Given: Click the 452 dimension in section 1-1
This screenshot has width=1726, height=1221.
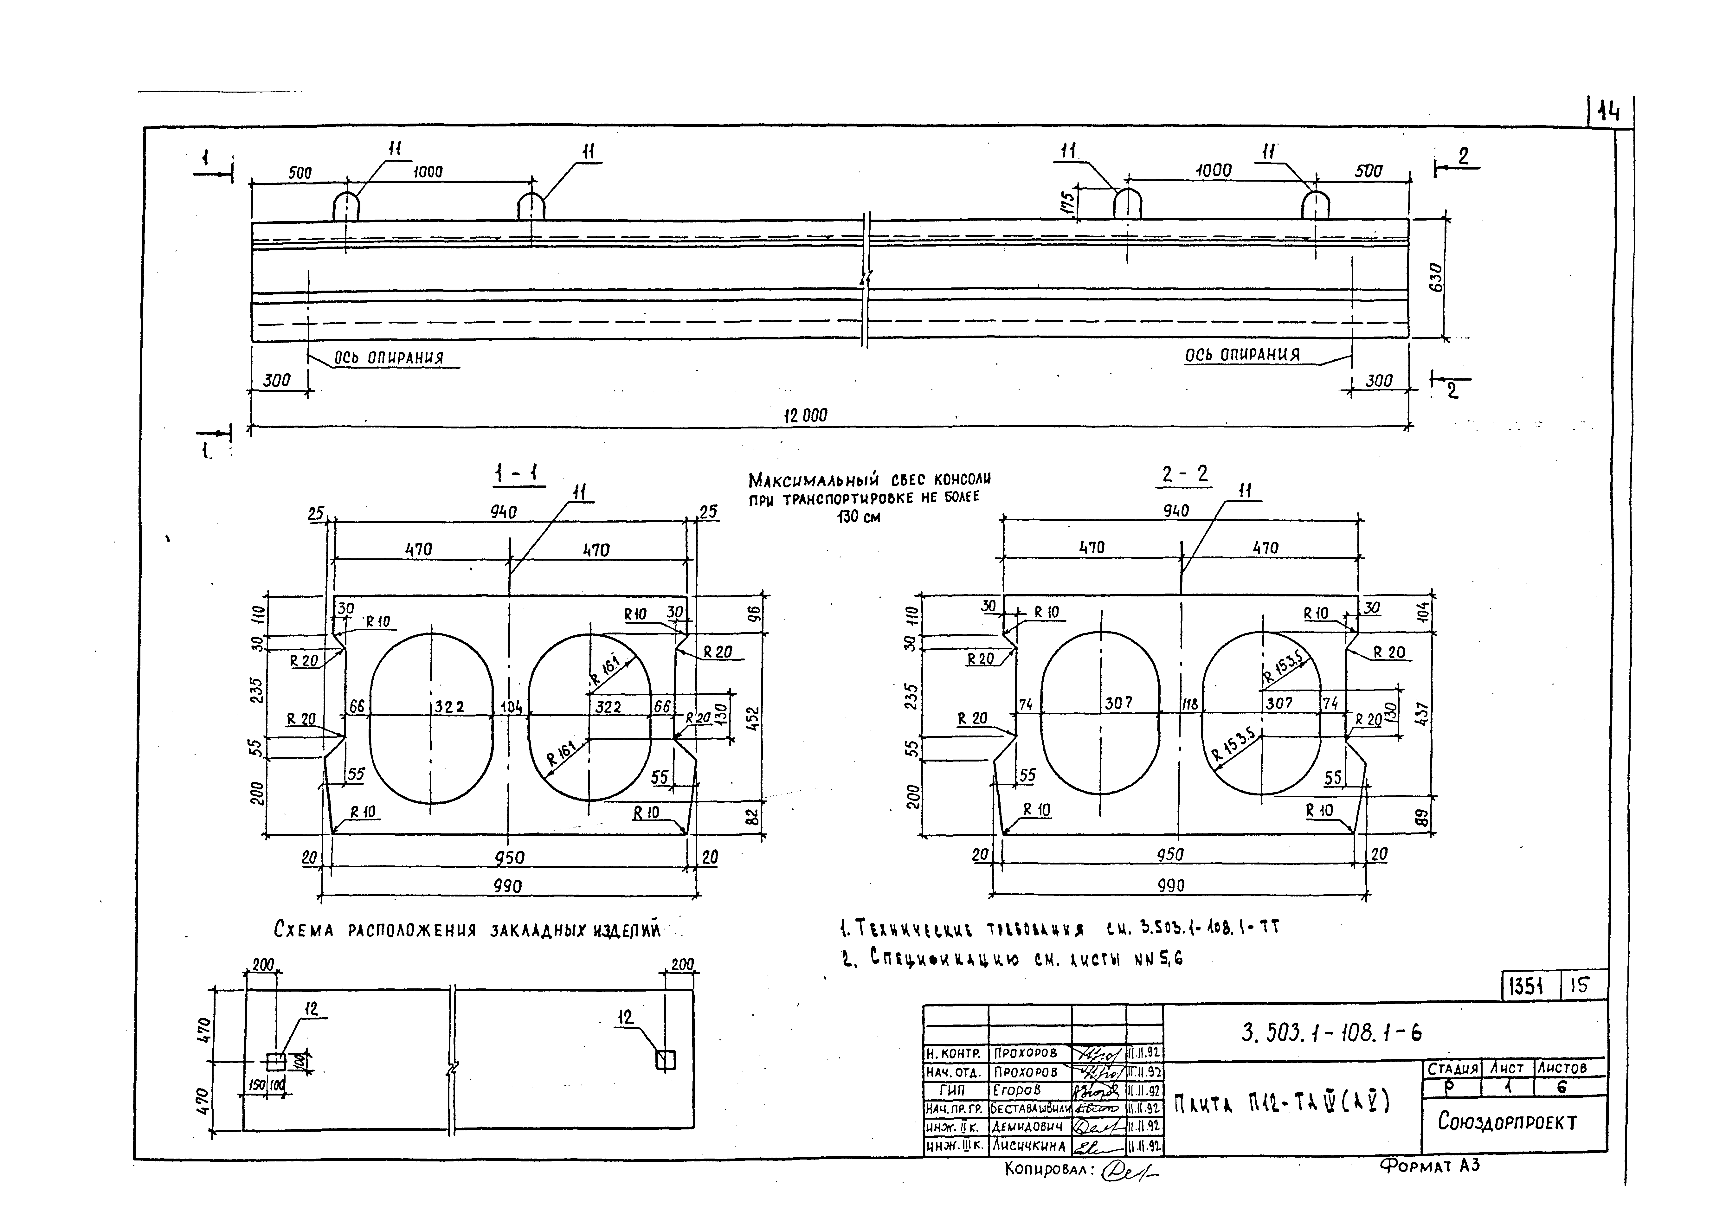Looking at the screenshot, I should (754, 718).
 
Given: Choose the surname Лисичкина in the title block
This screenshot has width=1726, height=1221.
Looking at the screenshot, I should (1028, 1146).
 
